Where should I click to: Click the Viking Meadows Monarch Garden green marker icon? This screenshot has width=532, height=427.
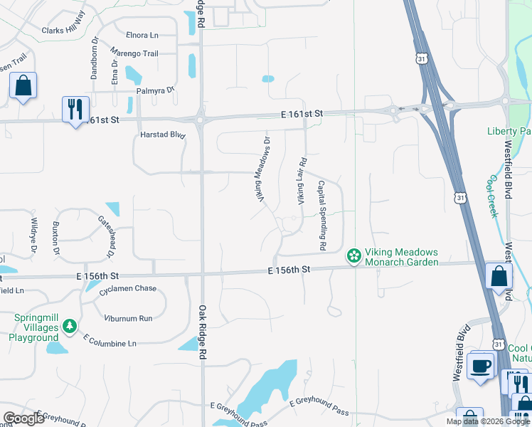[x=353, y=255]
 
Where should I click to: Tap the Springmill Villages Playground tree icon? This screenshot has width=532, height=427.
[x=70, y=326]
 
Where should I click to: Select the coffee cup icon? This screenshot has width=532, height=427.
[x=482, y=367]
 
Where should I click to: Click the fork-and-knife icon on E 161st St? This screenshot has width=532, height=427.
[x=75, y=110]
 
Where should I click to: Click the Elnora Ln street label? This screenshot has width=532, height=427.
[x=142, y=35]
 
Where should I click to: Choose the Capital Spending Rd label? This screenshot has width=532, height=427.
[x=321, y=215]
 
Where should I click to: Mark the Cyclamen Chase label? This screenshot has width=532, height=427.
[x=128, y=289]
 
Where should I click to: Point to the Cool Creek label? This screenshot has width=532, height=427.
[x=491, y=196]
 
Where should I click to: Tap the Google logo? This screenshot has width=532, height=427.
[x=24, y=418]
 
